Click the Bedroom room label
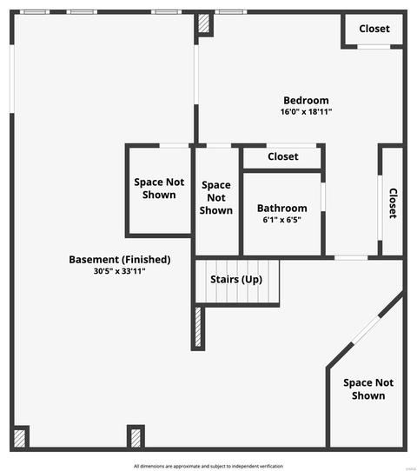306,100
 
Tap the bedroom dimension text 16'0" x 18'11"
306,112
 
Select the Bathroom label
281,209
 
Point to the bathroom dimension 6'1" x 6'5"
281,220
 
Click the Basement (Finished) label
120,260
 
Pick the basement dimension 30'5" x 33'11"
120,271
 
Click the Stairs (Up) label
236,279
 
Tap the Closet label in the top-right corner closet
374,29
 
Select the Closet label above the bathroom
283,156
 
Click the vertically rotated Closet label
393,203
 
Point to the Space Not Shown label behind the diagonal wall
368,389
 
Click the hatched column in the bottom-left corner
19,439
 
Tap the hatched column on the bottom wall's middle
136,438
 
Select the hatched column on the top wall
204,23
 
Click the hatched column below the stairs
198,327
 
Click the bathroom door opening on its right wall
323,196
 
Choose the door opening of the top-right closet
374,47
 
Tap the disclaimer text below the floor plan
208,466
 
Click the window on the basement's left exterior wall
12,79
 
